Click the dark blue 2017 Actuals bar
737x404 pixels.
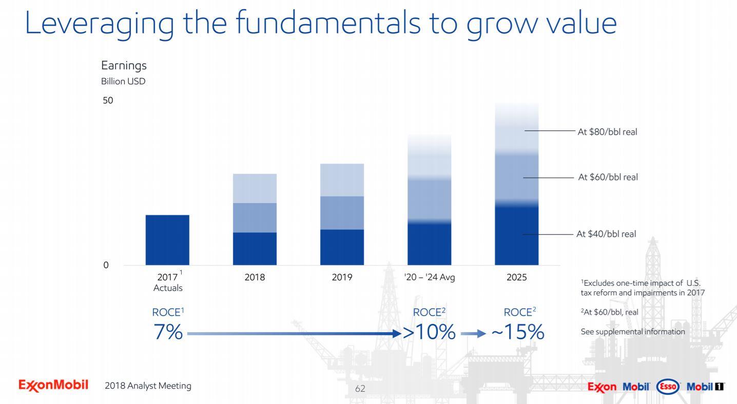coord(167,240)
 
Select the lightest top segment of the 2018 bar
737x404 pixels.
coord(255,188)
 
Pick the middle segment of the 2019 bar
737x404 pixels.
coord(342,212)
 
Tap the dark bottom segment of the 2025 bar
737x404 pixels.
coord(516,235)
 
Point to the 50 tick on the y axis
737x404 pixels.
coord(107,100)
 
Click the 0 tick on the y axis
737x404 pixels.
coord(106,265)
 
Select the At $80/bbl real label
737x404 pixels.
coord(607,132)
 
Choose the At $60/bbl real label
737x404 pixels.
coord(608,177)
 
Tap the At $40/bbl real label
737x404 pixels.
coord(606,234)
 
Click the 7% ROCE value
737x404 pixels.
coord(168,333)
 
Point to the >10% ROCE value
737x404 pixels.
coord(429,333)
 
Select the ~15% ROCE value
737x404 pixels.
coord(517,333)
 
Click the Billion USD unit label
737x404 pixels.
coord(123,81)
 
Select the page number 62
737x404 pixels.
coord(360,389)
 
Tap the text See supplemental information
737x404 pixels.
coord(632,332)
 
